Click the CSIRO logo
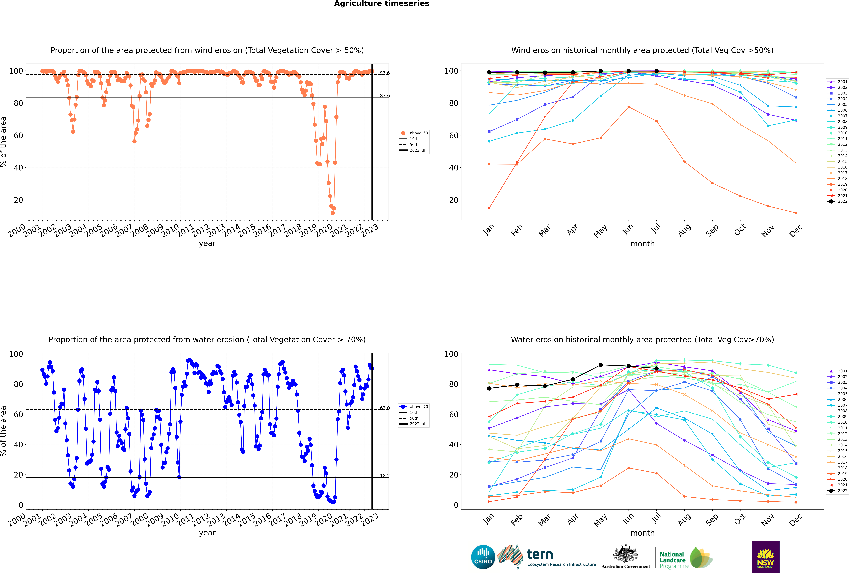(x=483, y=557)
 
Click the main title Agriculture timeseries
(x=381, y=4)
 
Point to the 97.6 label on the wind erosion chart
(x=384, y=73)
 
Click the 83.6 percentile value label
(x=384, y=96)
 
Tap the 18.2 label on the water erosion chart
(x=384, y=476)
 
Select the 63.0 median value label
(x=384, y=408)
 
